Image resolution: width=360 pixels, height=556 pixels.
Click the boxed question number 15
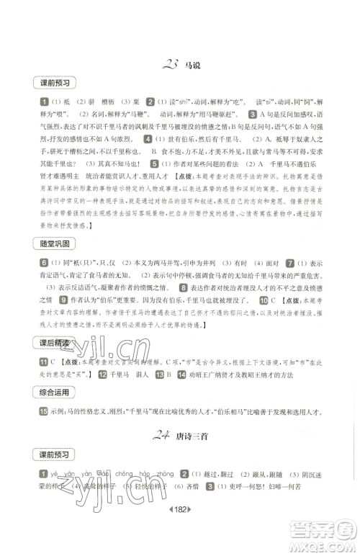pyautogui.click(x=44, y=411)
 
